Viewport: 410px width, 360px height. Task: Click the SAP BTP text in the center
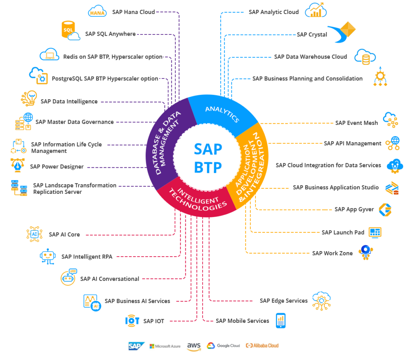click(x=208, y=157)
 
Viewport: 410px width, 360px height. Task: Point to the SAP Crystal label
click(x=312, y=34)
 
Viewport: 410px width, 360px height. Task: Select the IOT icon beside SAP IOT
click(x=132, y=320)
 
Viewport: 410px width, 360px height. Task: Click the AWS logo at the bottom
click(x=194, y=346)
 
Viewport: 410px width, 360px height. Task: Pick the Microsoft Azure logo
click(x=165, y=346)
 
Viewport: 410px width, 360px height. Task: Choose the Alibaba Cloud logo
click(x=262, y=346)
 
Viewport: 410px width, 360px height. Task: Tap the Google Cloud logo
click(x=223, y=346)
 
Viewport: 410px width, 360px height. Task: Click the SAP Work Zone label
click(x=332, y=253)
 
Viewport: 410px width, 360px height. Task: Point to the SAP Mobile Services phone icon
click(x=281, y=320)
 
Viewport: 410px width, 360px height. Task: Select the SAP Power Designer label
click(x=56, y=167)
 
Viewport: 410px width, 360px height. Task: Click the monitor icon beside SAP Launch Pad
click(x=375, y=232)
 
